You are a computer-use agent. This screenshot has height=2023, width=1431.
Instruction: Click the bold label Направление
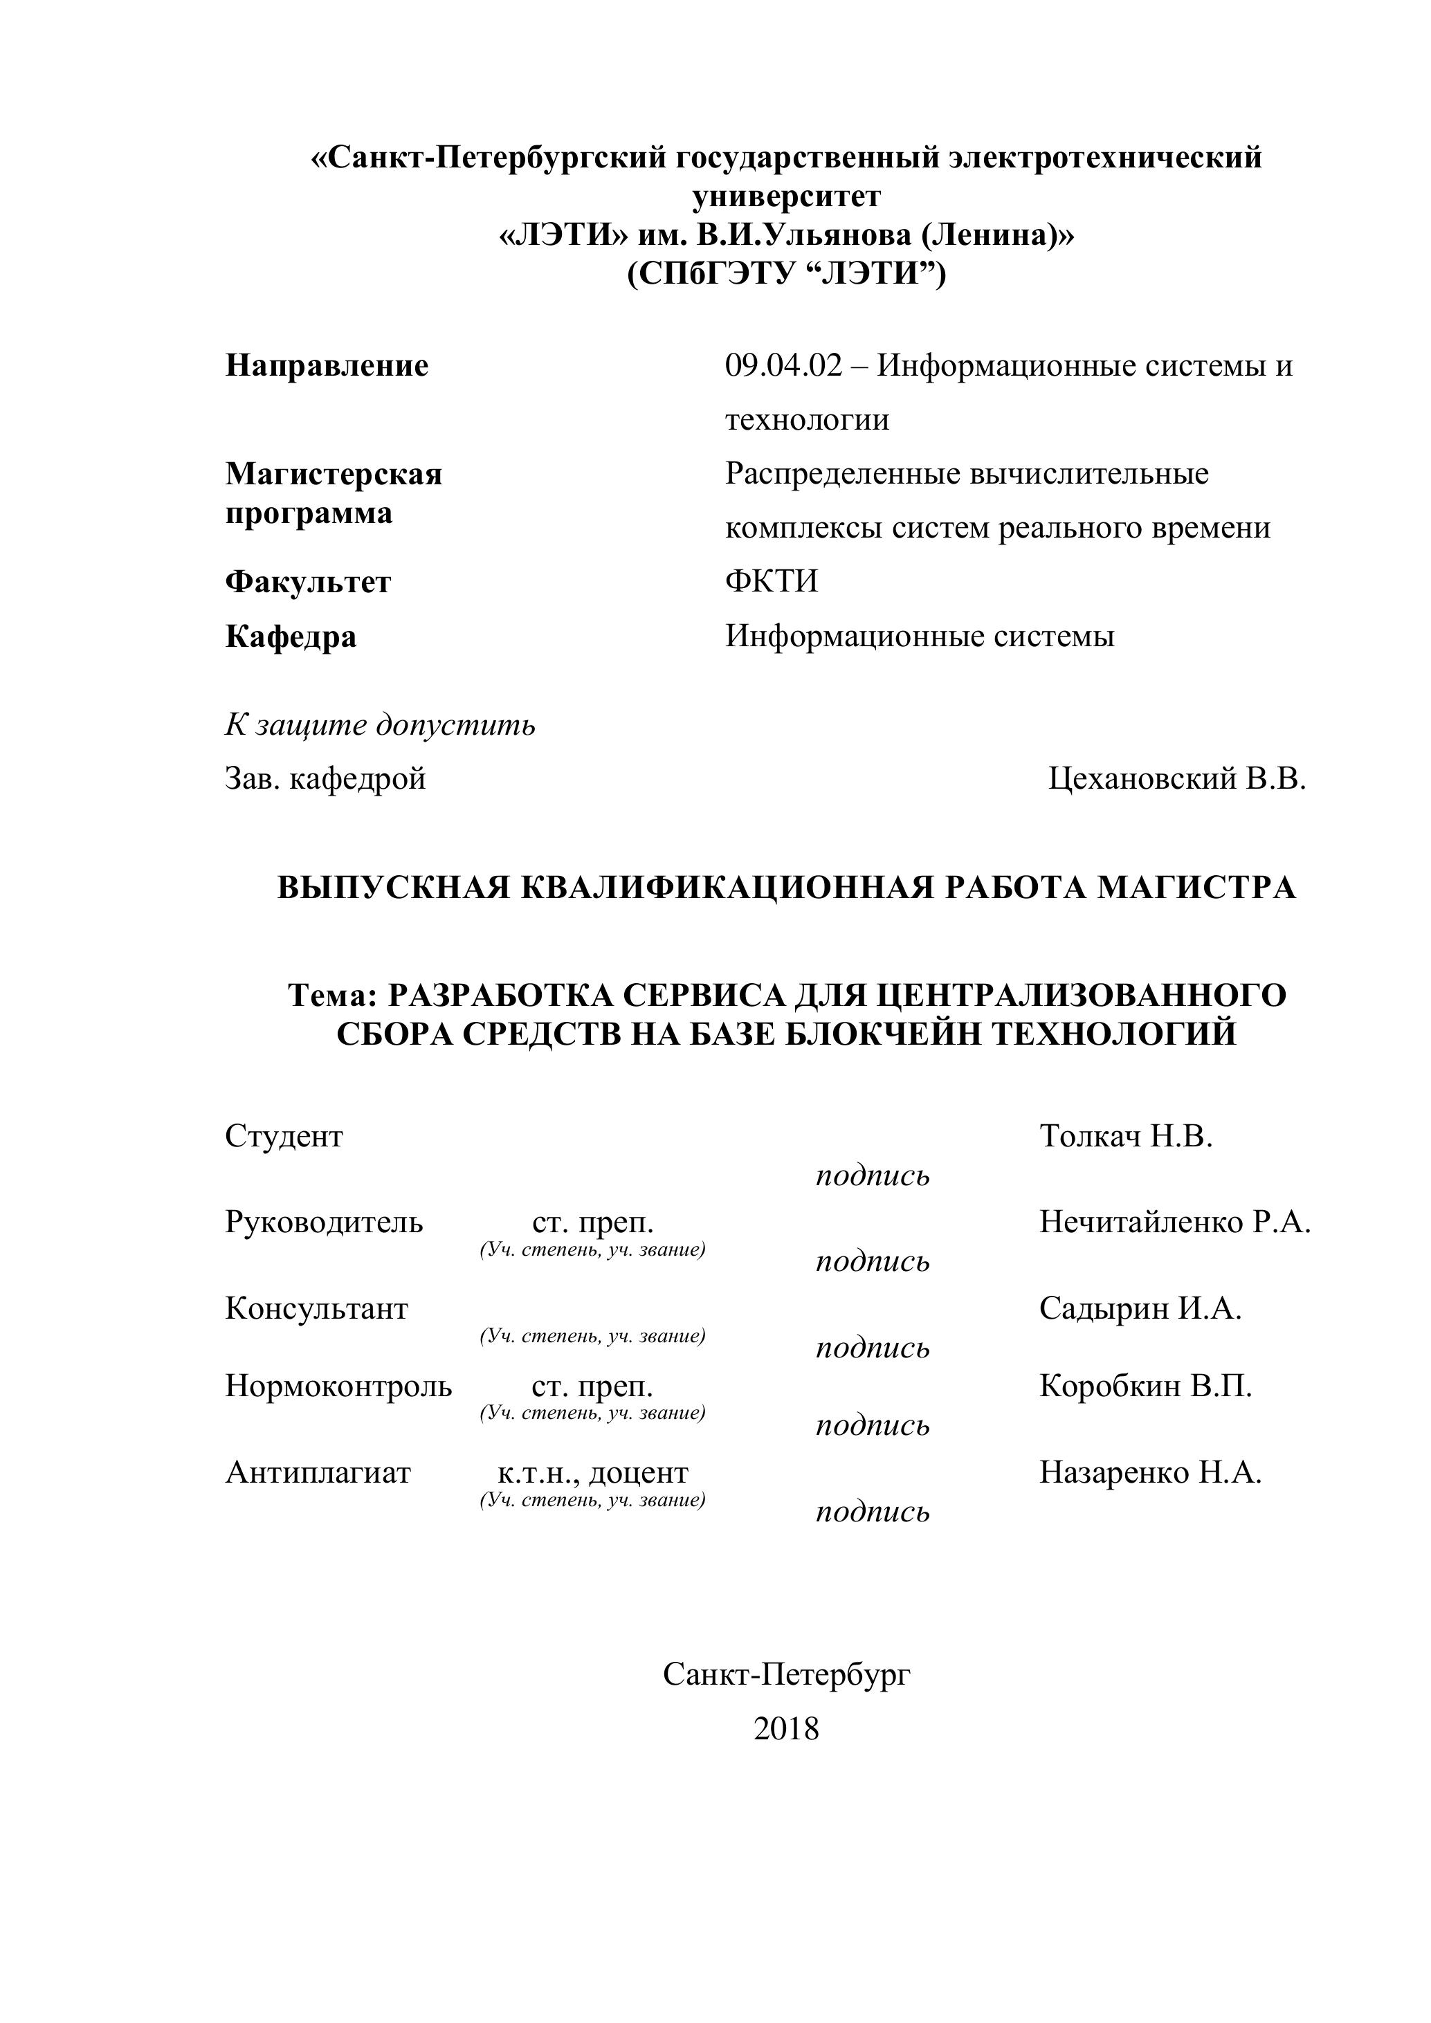click(x=327, y=366)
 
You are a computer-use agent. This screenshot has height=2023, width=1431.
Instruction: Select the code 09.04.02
click(x=783, y=366)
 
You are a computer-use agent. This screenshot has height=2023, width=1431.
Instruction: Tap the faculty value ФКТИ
click(x=771, y=582)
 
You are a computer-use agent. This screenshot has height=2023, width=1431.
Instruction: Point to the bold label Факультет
click(x=307, y=583)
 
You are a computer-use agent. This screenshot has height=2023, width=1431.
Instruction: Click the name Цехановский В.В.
click(x=1177, y=779)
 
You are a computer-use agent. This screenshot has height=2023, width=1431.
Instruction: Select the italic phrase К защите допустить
click(x=380, y=725)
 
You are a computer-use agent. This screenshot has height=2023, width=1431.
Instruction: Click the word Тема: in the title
click(x=332, y=995)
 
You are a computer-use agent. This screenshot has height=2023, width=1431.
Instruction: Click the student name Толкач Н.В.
click(x=1126, y=1137)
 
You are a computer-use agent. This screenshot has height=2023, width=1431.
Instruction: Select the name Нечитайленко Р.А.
click(x=1174, y=1222)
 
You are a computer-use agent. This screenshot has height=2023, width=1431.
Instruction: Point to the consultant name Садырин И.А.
click(x=1140, y=1308)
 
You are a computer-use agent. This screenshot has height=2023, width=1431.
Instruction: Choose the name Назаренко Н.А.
click(x=1150, y=1472)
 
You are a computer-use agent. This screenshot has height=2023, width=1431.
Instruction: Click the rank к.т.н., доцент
click(x=592, y=1472)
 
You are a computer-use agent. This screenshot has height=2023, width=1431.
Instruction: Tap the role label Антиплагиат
click(x=318, y=1472)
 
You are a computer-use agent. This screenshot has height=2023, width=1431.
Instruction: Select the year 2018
click(x=786, y=1729)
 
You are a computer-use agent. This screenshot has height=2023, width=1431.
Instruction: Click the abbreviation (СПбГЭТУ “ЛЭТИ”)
click(x=786, y=275)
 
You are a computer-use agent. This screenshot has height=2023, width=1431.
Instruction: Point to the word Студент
click(x=284, y=1137)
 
